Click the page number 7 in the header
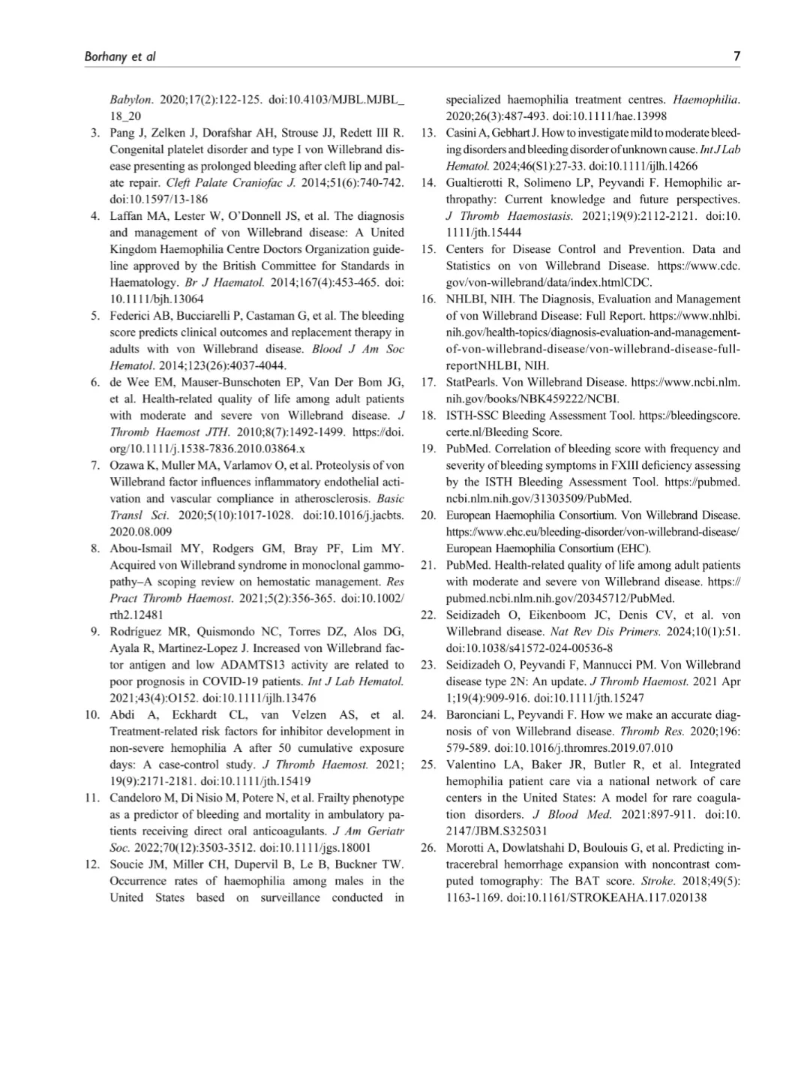pos(736,56)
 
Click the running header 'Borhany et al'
pos(120,57)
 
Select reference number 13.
pos(428,133)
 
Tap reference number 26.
pos(428,848)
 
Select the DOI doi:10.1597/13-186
pos(159,200)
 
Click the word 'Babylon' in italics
pos(131,100)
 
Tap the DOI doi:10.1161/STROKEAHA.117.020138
pos(606,897)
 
